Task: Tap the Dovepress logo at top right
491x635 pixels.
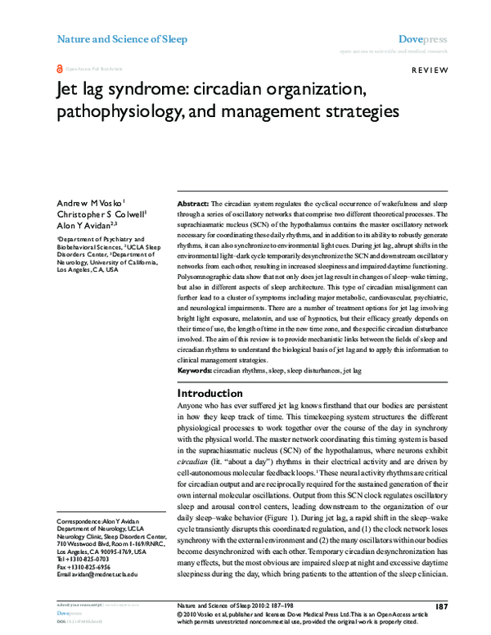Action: point(422,38)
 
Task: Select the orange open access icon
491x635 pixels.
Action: point(59,70)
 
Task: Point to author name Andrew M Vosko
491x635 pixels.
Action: point(90,202)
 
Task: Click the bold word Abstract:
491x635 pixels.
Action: point(194,202)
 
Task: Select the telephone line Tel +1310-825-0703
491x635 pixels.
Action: point(84,559)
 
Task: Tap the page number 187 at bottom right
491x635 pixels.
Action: point(441,606)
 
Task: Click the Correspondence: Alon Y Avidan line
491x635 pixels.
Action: point(101,522)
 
